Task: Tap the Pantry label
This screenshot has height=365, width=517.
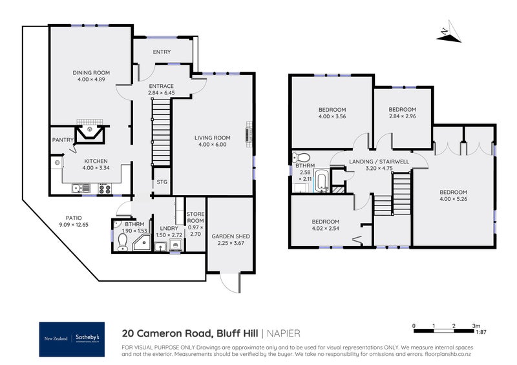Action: (x=63, y=140)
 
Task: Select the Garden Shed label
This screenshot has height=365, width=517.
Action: (x=230, y=236)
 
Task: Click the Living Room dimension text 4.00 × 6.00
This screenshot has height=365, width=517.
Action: (x=213, y=145)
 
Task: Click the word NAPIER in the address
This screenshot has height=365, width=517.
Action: (x=285, y=334)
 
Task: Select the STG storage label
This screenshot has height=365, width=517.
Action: (x=162, y=182)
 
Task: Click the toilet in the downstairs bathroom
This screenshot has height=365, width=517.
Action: (x=122, y=240)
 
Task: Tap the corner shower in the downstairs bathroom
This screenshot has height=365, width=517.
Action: (x=140, y=242)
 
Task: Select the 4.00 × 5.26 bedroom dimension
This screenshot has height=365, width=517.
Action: (x=453, y=200)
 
